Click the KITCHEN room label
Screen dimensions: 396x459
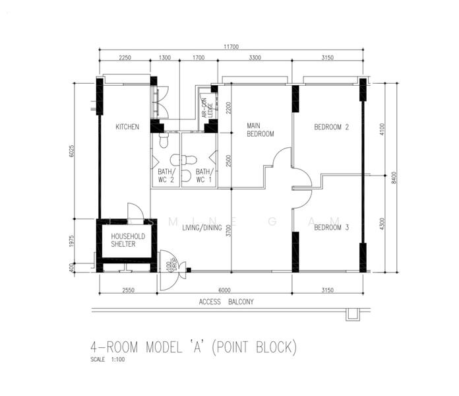(x=127, y=127)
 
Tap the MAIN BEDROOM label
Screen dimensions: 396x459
(x=260, y=129)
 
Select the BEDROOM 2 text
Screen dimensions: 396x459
(x=331, y=127)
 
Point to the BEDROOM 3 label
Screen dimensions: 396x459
(x=331, y=228)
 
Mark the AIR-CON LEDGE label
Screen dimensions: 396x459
(x=207, y=108)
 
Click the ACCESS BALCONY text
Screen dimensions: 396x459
(x=226, y=302)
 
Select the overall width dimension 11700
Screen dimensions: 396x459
(x=231, y=46)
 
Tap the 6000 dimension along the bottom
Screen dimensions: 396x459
(x=225, y=290)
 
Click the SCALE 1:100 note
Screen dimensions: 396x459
(x=109, y=360)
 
